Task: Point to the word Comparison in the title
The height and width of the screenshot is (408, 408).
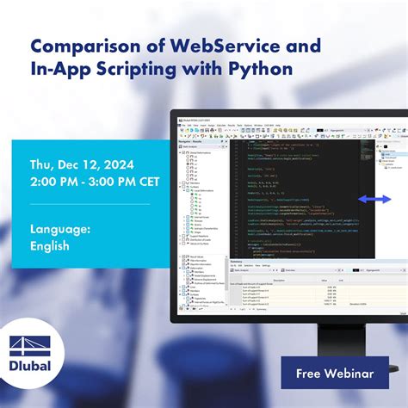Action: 81,43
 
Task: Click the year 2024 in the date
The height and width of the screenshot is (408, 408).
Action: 124,164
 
